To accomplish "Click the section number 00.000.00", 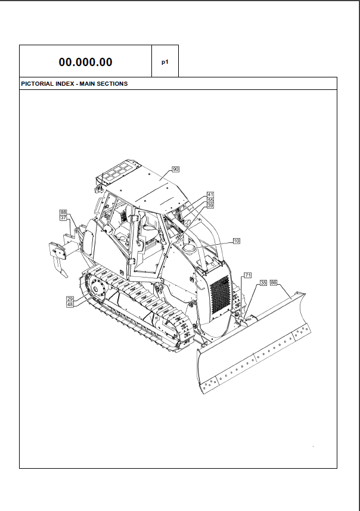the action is [85, 62].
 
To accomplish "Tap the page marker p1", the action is [165, 62].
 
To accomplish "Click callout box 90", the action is [176, 169].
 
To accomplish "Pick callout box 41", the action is [210, 195].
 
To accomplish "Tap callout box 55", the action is [210, 200].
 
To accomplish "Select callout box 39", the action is [210, 205].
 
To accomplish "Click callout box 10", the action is [237, 241].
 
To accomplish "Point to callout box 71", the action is [248, 275].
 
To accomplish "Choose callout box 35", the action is [263, 283].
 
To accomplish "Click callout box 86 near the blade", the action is [274, 282].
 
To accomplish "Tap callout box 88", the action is [63, 212].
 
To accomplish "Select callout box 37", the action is [63, 217].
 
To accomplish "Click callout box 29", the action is [70, 299].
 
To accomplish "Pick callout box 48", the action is [70, 304].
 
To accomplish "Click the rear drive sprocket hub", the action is [97, 288].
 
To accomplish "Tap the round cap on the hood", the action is [189, 249].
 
